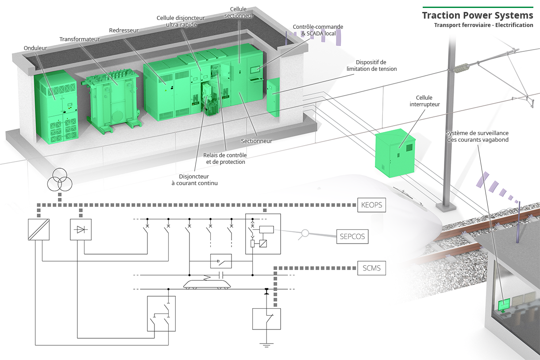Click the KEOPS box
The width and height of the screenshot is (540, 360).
pos(371,205)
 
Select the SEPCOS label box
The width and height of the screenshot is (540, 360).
pos(352,236)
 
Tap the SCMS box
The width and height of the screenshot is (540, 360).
pos(371,268)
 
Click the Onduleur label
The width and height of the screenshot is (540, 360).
pos(35,48)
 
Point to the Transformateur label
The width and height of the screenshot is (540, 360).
pos(80,39)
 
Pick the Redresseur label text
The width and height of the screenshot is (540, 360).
pos(124,31)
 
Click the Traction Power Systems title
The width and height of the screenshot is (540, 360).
pos(478,15)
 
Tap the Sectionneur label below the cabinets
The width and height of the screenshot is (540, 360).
pos(257,141)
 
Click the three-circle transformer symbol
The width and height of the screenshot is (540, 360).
pos(60,181)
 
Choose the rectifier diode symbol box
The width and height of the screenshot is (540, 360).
pos(81,229)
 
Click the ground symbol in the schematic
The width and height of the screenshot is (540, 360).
pos(266,345)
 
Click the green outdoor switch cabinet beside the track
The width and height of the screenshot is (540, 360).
pos(395,153)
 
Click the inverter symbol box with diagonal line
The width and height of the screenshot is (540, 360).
pos(39,229)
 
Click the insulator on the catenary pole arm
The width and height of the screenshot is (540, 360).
pos(463,68)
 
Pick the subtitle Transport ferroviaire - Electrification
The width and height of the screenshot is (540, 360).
pos(483,25)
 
